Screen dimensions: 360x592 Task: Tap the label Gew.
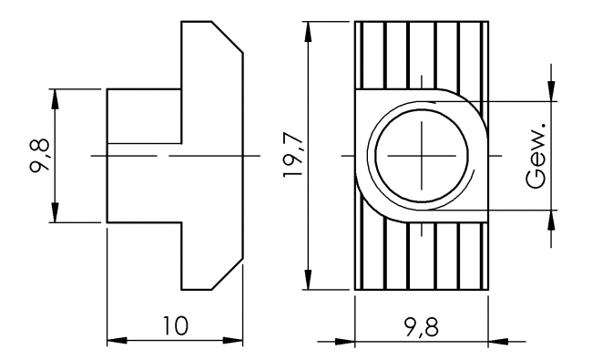[x=536, y=155]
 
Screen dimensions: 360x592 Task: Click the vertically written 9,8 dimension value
[x=37, y=155]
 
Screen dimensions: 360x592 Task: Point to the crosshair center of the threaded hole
[x=423, y=156]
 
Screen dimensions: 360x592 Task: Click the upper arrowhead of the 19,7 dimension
[x=311, y=29]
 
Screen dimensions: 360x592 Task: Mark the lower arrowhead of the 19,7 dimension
[x=311, y=282]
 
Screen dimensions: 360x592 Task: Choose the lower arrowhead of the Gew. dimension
[x=550, y=219]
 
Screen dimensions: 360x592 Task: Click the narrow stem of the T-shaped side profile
[x=146, y=155]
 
